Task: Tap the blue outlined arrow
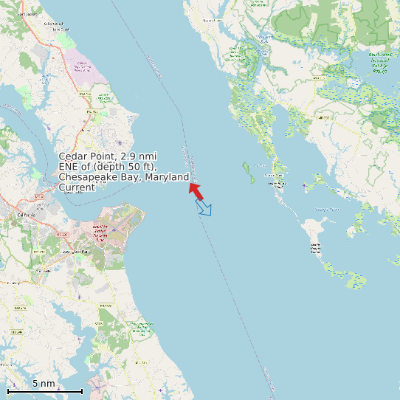pos(204,208)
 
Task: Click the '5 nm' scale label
pos(44,383)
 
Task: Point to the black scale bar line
pos(44,390)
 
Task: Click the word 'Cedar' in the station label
pos(72,157)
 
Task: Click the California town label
pos(26,215)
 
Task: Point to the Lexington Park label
pos(75,252)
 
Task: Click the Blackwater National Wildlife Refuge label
pos(379,63)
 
